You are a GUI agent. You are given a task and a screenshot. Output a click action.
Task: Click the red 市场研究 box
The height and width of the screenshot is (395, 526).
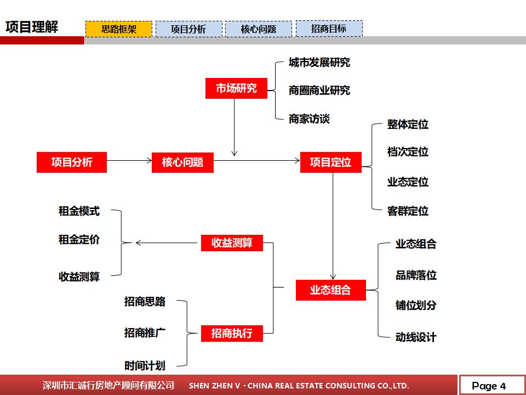[236, 88]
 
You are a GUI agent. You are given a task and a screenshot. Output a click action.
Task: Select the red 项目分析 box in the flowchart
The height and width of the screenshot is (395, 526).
[72, 162]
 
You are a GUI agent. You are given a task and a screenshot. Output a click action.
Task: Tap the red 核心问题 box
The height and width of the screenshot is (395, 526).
[182, 162]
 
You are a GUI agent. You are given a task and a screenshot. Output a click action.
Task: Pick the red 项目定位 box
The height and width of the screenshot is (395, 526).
[330, 162]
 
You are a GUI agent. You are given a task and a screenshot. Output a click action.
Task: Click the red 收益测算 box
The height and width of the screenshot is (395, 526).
[232, 243]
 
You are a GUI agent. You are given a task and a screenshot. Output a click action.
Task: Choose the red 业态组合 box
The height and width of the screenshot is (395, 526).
[330, 290]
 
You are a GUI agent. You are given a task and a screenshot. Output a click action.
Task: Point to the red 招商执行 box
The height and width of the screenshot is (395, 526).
[232, 333]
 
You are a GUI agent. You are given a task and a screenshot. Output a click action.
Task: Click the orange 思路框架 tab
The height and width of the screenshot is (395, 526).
[119, 29]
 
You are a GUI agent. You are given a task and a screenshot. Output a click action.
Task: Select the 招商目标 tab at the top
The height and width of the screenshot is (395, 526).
[329, 29]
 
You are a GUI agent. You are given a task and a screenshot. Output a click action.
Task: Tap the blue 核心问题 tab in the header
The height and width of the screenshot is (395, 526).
[259, 29]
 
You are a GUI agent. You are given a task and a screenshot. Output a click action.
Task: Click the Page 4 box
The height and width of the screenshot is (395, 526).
[489, 386]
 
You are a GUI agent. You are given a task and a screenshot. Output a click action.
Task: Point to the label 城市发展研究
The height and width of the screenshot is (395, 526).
[319, 63]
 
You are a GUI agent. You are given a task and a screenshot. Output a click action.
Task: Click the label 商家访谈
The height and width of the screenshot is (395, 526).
[309, 119]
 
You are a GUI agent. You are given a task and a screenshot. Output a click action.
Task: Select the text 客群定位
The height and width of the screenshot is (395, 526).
[408, 211]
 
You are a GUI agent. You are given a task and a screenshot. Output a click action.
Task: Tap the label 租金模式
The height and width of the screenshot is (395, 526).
[79, 211]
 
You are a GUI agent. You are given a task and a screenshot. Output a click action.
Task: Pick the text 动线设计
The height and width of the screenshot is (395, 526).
[416, 337]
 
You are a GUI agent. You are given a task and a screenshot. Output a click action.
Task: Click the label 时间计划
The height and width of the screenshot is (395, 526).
[145, 365]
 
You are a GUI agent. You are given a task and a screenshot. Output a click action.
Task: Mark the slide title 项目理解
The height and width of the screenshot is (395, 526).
[31, 27]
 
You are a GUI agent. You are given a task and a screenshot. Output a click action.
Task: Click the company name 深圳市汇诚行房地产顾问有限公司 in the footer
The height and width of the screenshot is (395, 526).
[108, 386]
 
